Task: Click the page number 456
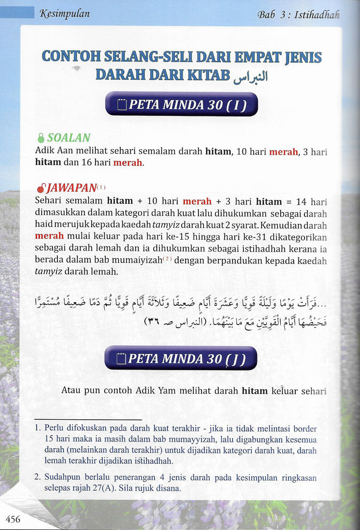(x=13, y=519)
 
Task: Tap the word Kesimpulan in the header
(x=64, y=14)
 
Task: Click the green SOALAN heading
(x=68, y=138)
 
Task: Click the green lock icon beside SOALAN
(x=41, y=138)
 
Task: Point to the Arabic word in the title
(x=251, y=77)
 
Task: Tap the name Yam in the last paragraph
(x=164, y=391)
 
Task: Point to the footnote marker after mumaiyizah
(x=168, y=259)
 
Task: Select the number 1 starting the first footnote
(x=37, y=429)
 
